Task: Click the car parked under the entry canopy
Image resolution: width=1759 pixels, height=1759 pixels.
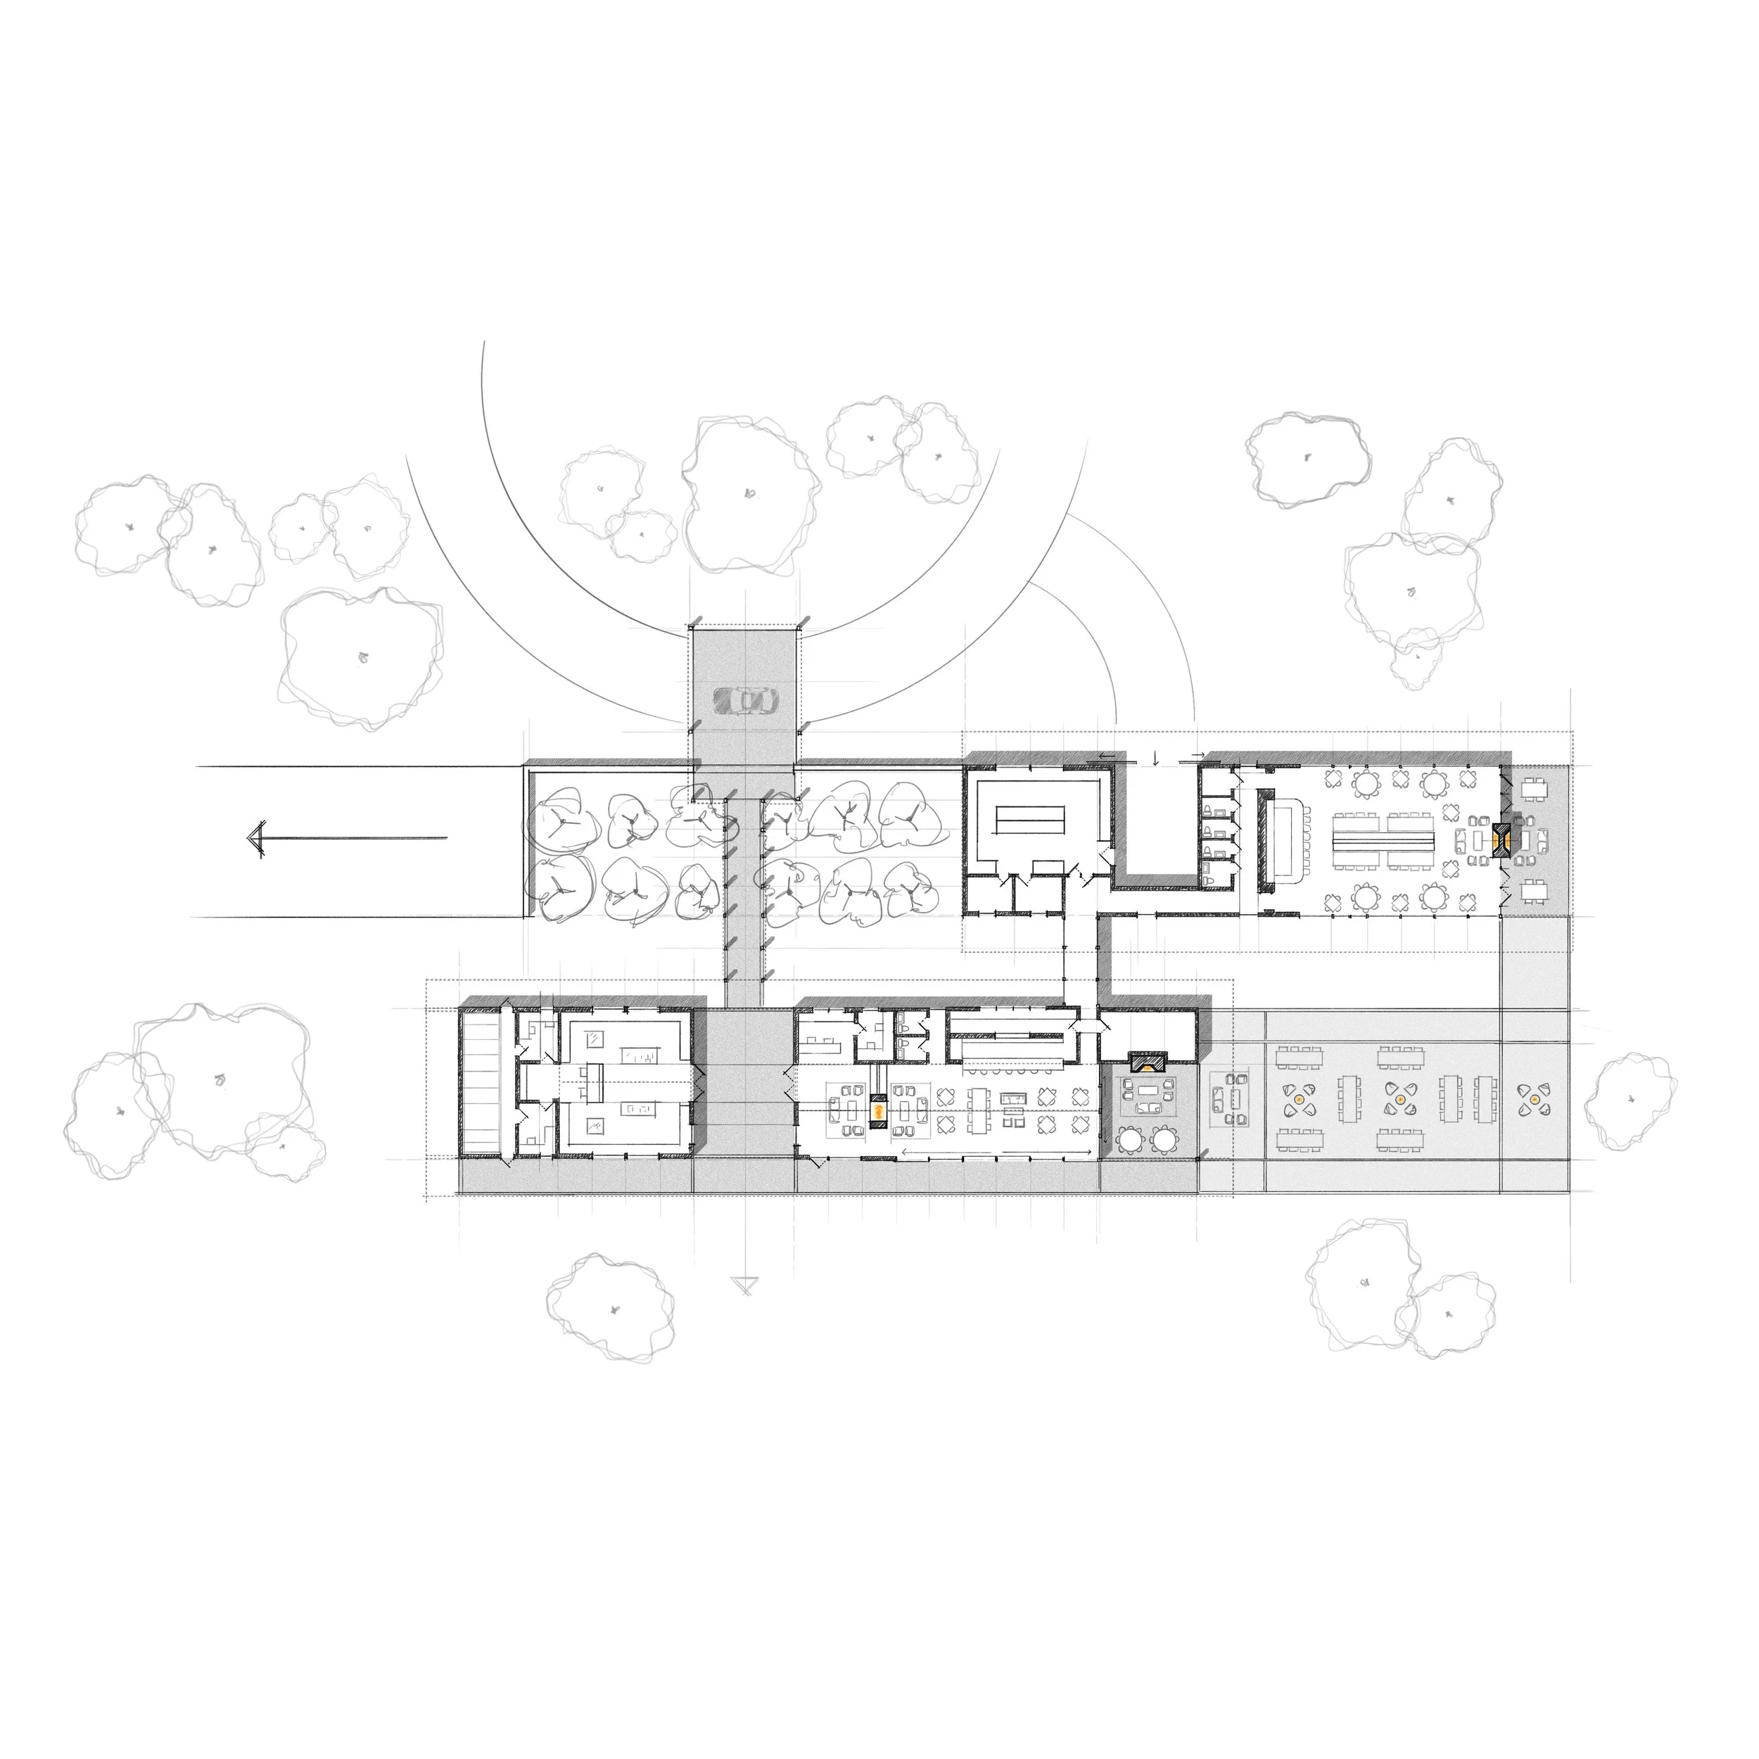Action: click(x=746, y=700)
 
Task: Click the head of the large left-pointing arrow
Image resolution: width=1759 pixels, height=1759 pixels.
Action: click(x=257, y=837)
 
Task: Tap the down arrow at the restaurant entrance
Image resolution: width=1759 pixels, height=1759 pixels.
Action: click(x=1155, y=758)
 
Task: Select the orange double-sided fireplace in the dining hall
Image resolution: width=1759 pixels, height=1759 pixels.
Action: click(x=1501, y=837)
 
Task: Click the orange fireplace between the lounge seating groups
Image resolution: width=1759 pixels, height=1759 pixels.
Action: click(x=879, y=1112)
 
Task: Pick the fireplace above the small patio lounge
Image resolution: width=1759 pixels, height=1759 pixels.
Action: click(x=1147, y=1061)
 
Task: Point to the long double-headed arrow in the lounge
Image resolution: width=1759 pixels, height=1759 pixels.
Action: click(x=997, y=1152)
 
